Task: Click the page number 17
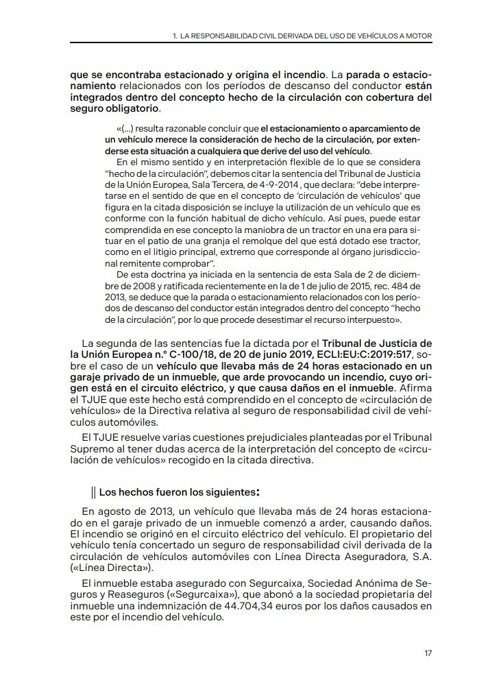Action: coord(428,652)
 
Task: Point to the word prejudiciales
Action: coord(243,437)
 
